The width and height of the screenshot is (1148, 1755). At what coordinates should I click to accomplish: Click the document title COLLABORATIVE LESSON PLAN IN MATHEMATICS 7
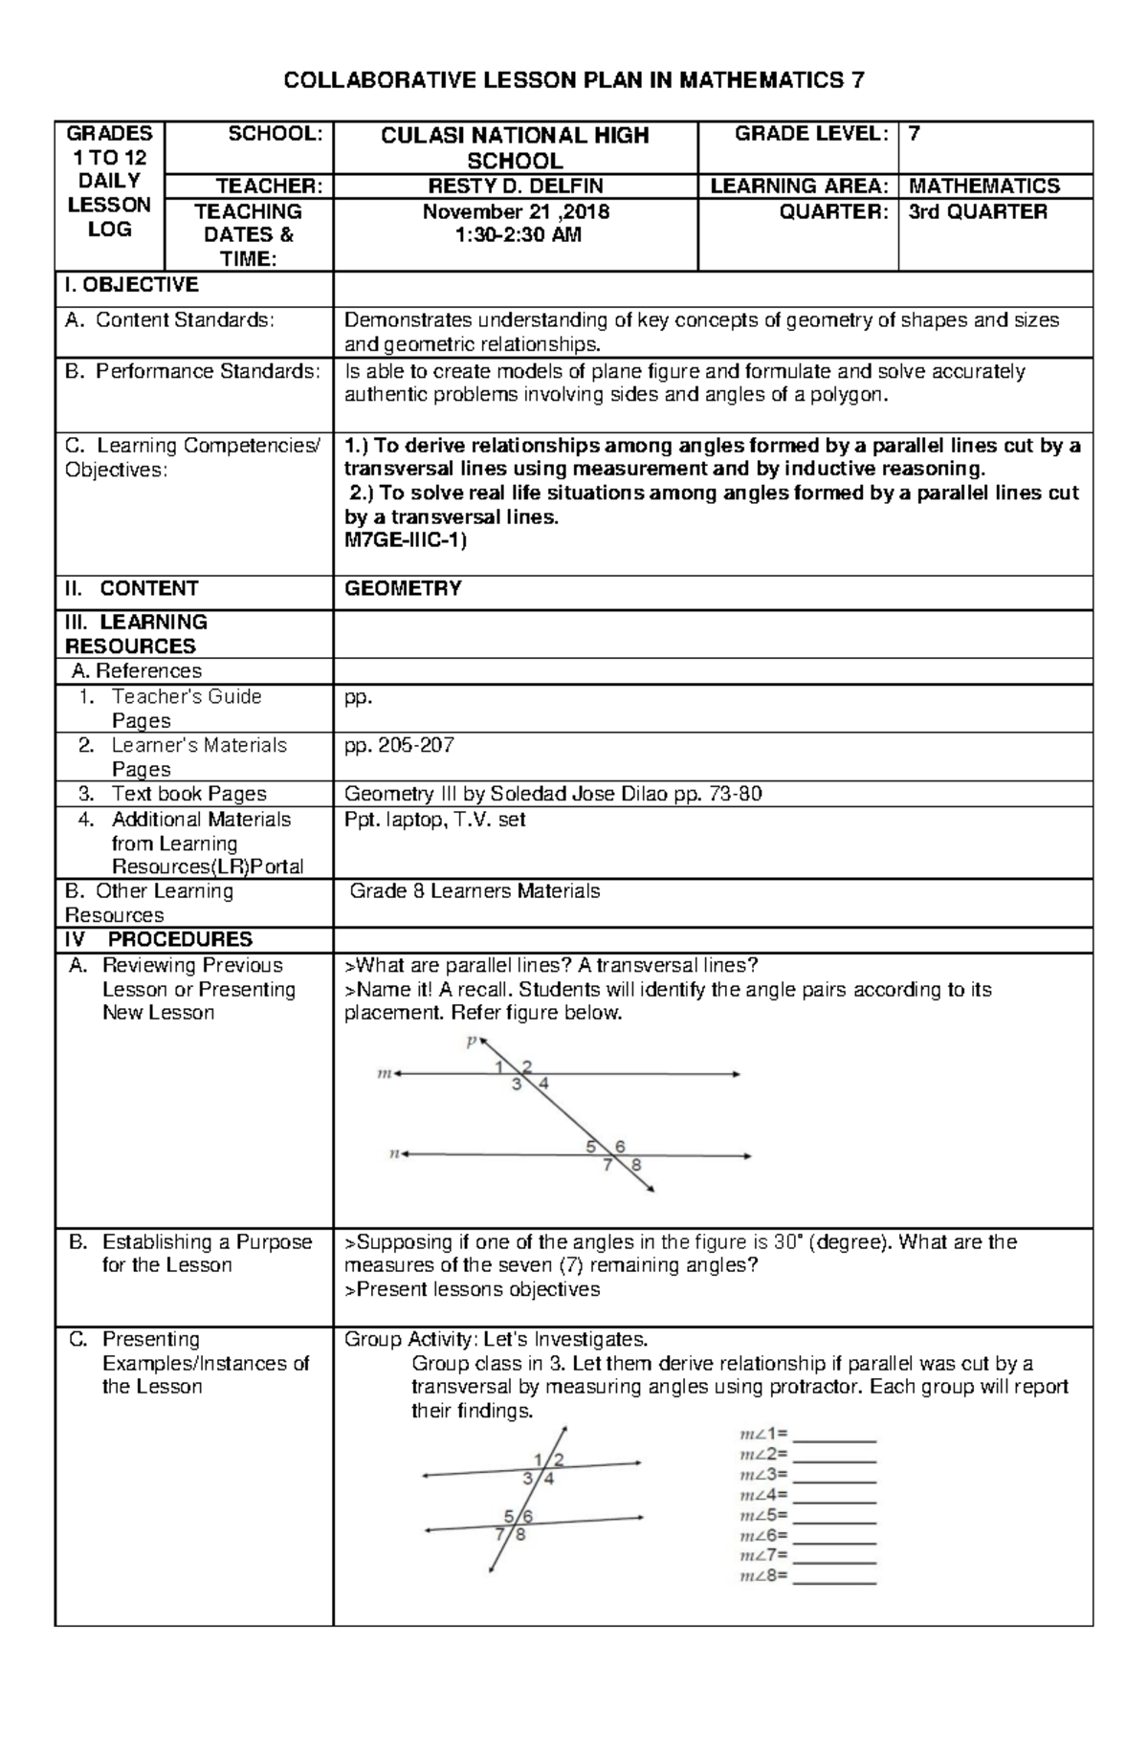[574, 80]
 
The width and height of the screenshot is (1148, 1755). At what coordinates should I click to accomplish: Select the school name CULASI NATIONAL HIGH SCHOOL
[515, 148]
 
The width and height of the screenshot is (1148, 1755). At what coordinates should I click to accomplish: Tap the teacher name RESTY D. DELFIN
[515, 186]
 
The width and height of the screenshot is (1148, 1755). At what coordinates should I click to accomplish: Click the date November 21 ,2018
[516, 212]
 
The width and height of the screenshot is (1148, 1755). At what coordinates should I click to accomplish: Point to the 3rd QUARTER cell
[977, 212]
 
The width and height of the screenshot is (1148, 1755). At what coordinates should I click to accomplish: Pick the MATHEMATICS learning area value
[983, 186]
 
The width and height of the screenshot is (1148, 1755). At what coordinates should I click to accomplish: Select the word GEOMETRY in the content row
[403, 589]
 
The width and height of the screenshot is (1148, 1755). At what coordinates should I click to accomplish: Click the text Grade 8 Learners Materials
[475, 891]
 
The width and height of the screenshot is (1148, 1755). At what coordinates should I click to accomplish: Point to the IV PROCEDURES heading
[159, 939]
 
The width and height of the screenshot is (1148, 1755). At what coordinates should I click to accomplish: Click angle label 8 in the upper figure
[636, 1165]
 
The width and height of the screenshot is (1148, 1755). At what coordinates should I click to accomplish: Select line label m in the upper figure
[385, 1074]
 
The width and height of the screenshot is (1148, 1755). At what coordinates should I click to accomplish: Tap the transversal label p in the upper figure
[470, 1042]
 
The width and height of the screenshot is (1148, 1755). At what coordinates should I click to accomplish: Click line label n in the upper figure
[392, 1154]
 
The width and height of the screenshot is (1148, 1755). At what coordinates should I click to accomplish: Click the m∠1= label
[763, 1435]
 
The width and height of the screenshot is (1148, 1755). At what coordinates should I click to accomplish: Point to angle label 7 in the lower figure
[499, 1535]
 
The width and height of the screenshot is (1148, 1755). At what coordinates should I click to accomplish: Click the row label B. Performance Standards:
[191, 371]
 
